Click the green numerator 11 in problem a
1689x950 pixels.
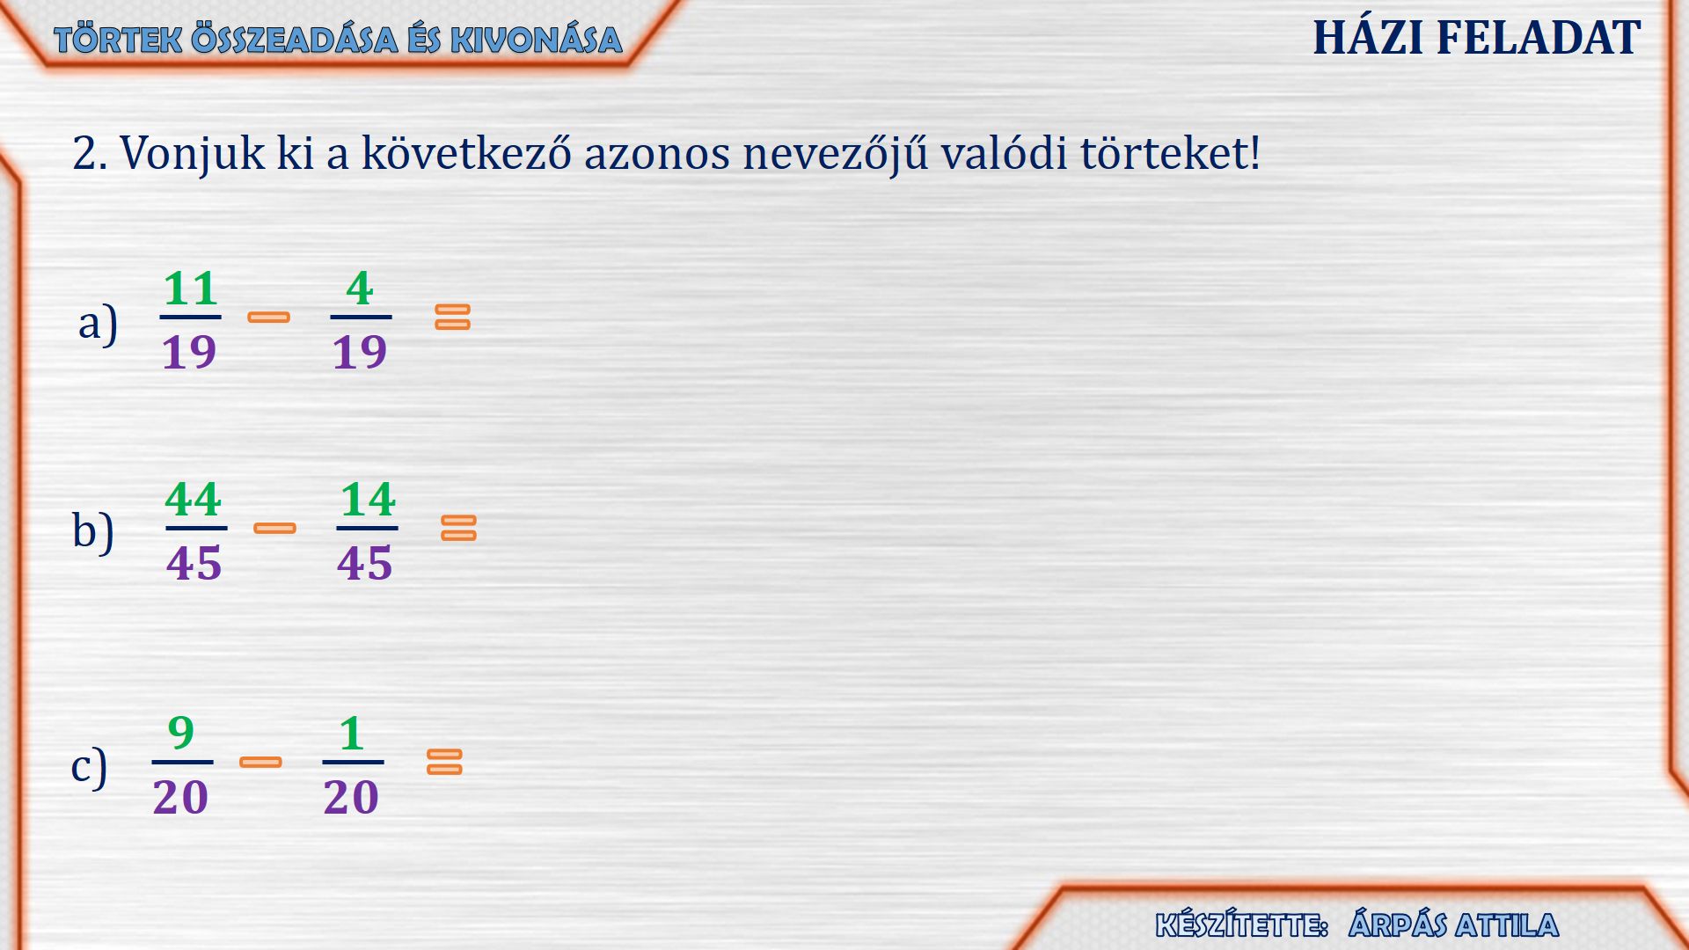tap(190, 289)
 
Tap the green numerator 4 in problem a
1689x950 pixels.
tap(360, 289)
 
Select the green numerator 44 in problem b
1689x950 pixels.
tap(194, 500)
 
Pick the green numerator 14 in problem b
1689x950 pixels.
tap(368, 500)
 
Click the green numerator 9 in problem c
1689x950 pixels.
tap(181, 733)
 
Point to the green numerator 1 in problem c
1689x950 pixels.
tap(352, 733)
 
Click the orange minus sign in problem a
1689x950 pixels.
tap(269, 318)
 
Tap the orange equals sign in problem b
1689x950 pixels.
tap(458, 528)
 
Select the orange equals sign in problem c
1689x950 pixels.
tap(444, 762)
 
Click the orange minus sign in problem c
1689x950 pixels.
tap(260, 762)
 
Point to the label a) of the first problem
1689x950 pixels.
tap(98, 323)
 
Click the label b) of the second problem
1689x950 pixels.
tap(93, 530)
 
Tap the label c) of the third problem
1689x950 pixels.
tap(89, 766)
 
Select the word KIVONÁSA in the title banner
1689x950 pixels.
tap(537, 40)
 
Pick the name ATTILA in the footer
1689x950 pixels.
tap(1507, 925)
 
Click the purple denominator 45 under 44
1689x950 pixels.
tap(194, 563)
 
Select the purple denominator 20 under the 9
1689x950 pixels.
tap(180, 797)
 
